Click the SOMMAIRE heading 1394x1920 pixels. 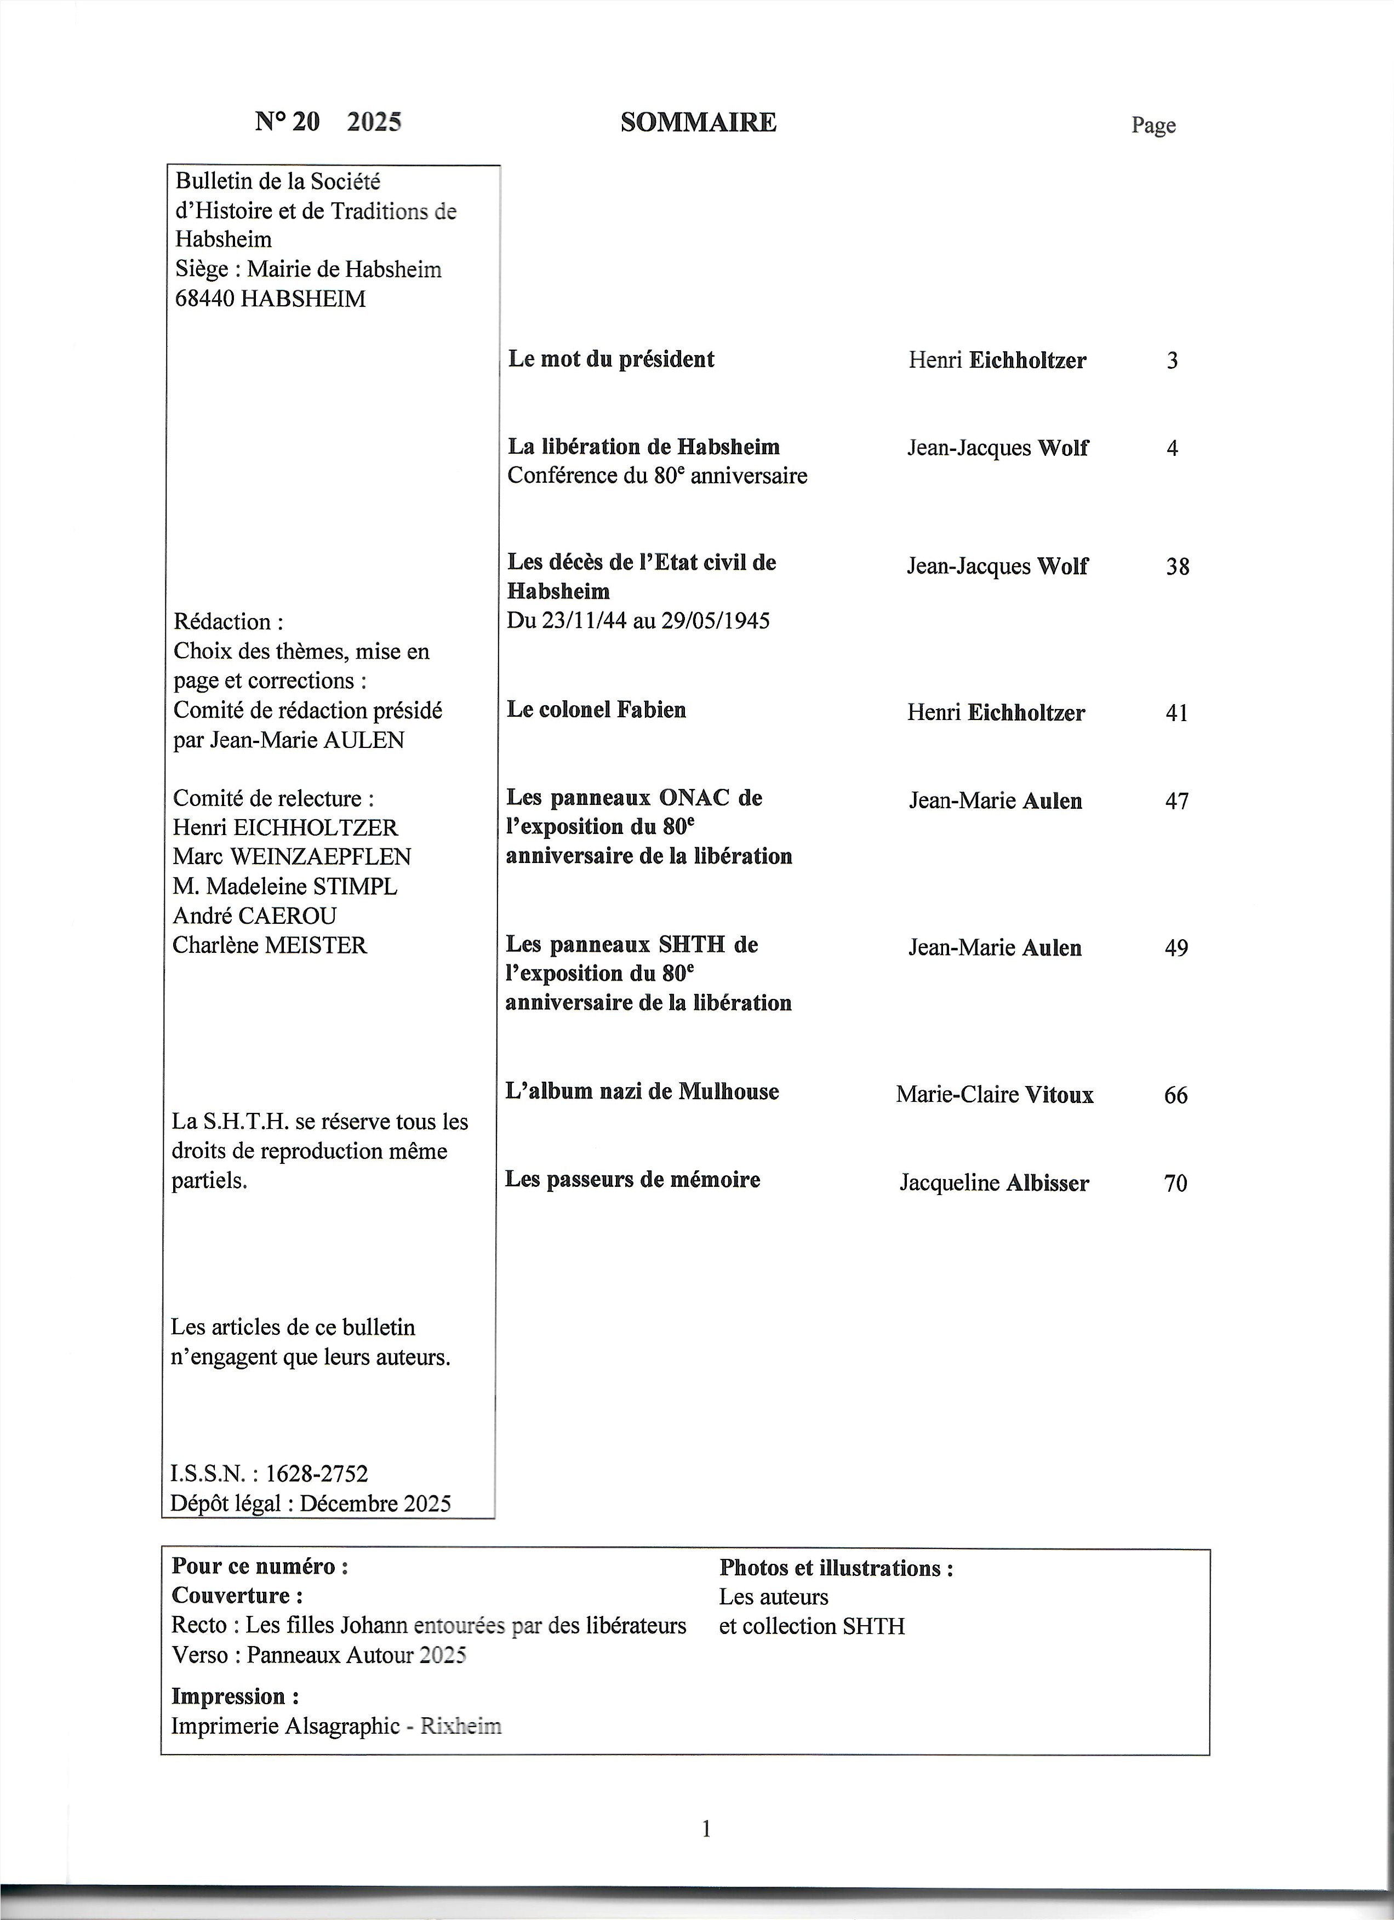(x=698, y=123)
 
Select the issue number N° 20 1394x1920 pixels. (x=288, y=123)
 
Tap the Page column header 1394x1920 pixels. (x=1153, y=125)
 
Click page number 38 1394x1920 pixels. (x=1178, y=567)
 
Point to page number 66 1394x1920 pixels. (x=1175, y=1095)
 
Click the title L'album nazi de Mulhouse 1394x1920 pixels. (x=642, y=1091)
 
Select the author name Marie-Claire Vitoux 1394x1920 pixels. (x=995, y=1095)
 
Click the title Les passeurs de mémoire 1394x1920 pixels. (x=632, y=1179)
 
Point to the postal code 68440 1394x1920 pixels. (x=204, y=299)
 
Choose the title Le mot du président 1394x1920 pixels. (x=610, y=359)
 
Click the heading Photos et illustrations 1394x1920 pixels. (x=836, y=1568)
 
